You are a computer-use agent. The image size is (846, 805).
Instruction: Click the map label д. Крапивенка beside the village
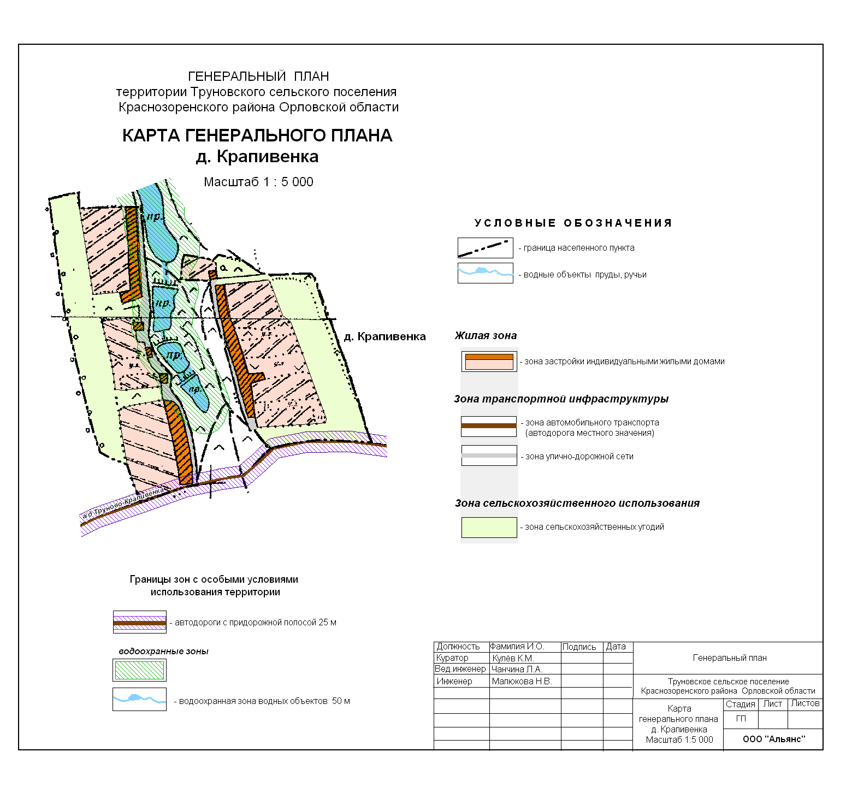(x=384, y=336)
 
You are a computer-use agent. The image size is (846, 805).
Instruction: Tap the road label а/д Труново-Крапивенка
(x=123, y=504)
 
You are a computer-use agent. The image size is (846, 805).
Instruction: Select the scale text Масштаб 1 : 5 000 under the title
(x=258, y=182)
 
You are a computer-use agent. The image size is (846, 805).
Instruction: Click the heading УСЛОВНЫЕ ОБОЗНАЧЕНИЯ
(x=573, y=223)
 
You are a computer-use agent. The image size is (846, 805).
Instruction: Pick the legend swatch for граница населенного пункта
(x=485, y=248)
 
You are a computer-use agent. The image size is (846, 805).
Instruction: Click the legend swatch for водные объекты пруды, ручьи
(x=485, y=273)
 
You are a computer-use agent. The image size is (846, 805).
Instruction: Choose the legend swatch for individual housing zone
(x=489, y=362)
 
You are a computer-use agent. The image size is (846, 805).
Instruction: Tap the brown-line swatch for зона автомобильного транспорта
(x=489, y=426)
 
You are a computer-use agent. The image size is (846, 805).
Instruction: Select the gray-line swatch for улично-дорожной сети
(x=489, y=455)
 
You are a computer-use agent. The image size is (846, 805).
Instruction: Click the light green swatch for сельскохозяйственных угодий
(x=489, y=527)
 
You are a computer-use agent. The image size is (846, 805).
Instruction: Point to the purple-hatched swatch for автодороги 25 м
(x=139, y=622)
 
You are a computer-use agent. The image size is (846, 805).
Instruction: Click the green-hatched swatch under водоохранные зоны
(x=139, y=670)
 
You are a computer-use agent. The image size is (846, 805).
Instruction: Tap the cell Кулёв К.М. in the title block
(x=513, y=658)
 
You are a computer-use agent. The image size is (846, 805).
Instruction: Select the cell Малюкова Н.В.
(x=522, y=681)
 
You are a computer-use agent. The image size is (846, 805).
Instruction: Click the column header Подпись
(x=579, y=647)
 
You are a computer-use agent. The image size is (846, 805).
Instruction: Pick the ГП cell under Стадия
(x=741, y=719)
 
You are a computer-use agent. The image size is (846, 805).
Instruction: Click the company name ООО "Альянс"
(x=774, y=739)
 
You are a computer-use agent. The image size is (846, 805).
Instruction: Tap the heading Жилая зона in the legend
(x=486, y=335)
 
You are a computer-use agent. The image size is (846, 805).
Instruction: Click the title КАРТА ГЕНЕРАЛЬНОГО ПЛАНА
(x=257, y=135)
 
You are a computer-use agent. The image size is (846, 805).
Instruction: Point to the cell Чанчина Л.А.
(x=517, y=669)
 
